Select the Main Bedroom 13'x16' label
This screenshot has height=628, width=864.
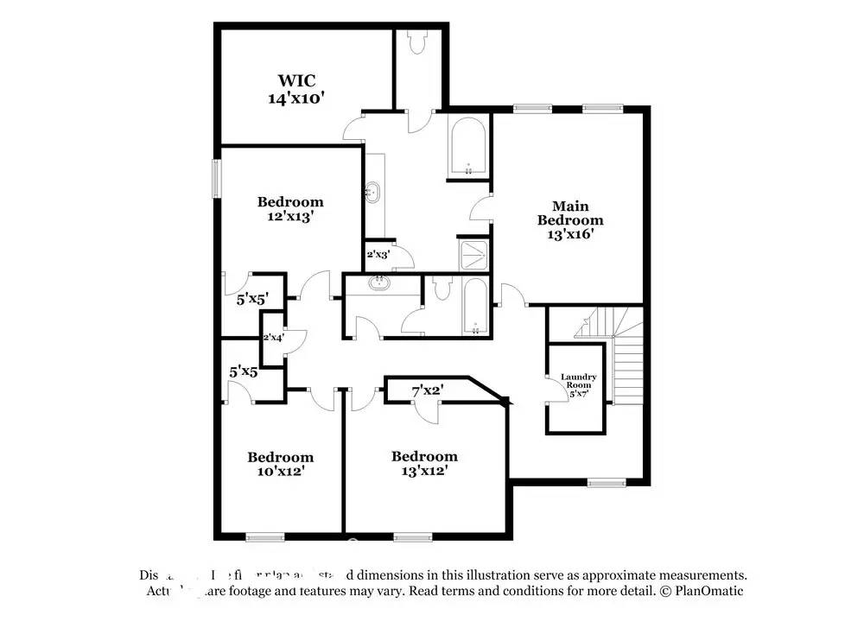pyautogui.click(x=570, y=219)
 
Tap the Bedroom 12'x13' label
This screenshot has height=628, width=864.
pyautogui.click(x=290, y=209)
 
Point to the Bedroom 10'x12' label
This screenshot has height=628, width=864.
pyautogui.click(x=280, y=464)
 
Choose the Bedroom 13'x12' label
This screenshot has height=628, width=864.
pyautogui.click(x=423, y=464)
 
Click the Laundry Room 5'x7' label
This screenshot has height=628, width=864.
pyautogui.click(x=578, y=385)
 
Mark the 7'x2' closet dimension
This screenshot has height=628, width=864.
pyautogui.click(x=427, y=391)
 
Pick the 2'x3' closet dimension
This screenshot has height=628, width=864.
pyautogui.click(x=378, y=255)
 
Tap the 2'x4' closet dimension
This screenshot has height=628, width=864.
pyautogui.click(x=273, y=337)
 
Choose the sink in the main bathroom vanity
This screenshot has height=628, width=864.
pyautogui.click(x=373, y=192)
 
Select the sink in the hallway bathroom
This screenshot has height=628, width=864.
pyautogui.click(x=378, y=282)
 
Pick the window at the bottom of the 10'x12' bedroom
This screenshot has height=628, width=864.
pyautogui.click(x=265, y=536)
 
